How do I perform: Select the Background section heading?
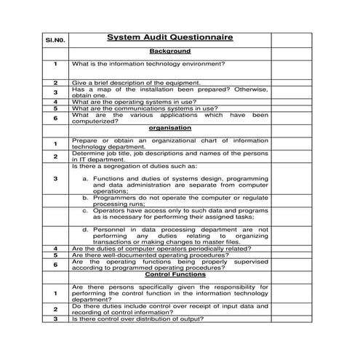(x=169, y=52)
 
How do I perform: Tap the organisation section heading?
(x=169, y=128)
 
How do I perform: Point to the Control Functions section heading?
(x=169, y=275)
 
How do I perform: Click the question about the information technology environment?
(x=148, y=64)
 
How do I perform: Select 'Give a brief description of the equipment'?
(x=136, y=83)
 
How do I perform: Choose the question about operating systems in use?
(x=139, y=102)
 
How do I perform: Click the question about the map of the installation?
(x=169, y=92)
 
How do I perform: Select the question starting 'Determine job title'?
(x=169, y=156)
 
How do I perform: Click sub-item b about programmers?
(x=175, y=200)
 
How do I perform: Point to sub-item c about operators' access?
(x=175, y=214)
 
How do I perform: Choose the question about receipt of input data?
(x=169, y=309)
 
